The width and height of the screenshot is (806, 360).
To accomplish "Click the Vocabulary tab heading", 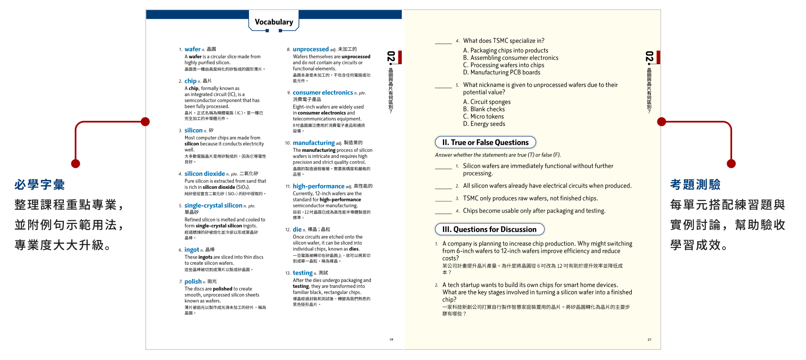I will pyautogui.click(x=274, y=22).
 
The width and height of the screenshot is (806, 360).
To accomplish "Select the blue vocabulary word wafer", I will pyautogui.click(x=192, y=49).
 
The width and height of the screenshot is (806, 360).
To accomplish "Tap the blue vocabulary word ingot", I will pyautogui.click(x=191, y=250).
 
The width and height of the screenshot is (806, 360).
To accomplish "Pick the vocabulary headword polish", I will pyautogui.click(x=193, y=282).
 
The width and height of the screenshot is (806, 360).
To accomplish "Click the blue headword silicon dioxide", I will pyautogui.click(x=204, y=174).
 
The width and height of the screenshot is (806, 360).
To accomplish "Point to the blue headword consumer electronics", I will pyautogui.click(x=322, y=93).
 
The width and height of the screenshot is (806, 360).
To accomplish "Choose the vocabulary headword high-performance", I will pyautogui.click(x=318, y=186).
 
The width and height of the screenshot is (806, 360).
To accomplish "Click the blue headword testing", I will pyautogui.click(x=302, y=273).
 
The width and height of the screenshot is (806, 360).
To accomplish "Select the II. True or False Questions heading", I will pyautogui.click(x=485, y=143).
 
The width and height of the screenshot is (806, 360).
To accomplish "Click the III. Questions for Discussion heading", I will pyautogui.click(x=489, y=230).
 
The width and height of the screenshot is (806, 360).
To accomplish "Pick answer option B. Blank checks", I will pyautogui.click(x=484, y=109).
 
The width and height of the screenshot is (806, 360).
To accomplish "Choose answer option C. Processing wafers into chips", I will pyautogui.click(x=503, y=65).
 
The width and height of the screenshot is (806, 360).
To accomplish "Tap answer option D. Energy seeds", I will pyautogui.click(x=484, y=124).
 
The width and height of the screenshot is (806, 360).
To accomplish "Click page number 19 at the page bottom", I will pyautogui.click(x=391, y=339).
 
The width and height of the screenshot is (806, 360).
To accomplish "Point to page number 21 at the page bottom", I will pyautogui.click(x=649, y=339).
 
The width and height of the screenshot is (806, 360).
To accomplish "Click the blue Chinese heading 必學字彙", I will pyautogui.click(x=39, y=185).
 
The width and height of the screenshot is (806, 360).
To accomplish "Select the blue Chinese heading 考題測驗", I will pyautogui.click(x=695, y=185).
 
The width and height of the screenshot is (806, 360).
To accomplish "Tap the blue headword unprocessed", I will pyautogui.click(x=311, y=50).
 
